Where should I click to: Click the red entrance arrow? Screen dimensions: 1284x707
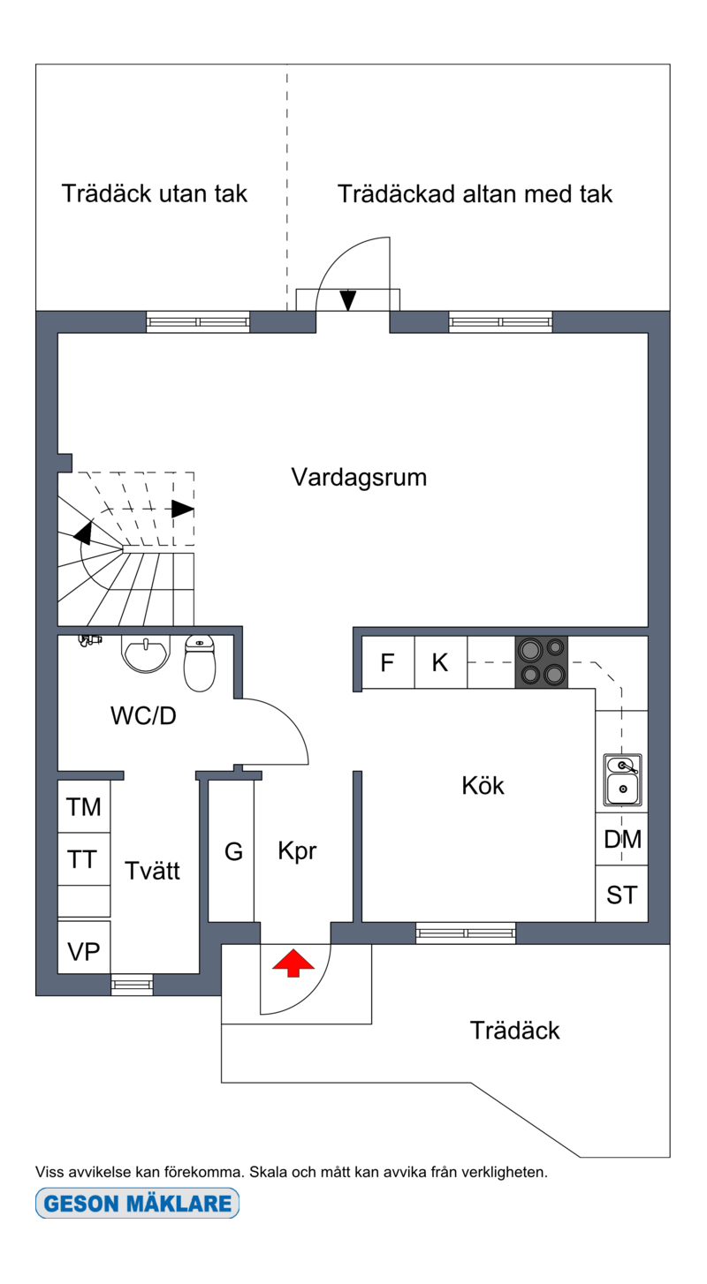point(293,963)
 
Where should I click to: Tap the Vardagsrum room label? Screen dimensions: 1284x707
point(359,478)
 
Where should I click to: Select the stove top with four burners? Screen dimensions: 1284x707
point(542,662)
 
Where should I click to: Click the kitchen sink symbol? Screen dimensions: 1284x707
point(622,780)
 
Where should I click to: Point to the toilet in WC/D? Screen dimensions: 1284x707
point(200,664)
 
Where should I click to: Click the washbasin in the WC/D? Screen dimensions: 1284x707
point(145,654)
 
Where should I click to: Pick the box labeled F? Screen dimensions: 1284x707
point(388,662)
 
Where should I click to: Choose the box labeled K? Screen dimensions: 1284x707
point(440,662)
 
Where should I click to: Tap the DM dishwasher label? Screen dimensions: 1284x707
point(622,840)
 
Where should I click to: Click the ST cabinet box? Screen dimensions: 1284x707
point(621,895)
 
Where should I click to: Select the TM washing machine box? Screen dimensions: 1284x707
point(84,807)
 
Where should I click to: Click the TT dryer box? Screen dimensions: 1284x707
point(84,859)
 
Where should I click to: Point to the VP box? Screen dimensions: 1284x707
point(84,951)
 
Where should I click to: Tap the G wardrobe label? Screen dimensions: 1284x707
point(232,852)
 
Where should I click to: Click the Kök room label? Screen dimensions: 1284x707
point(483,785)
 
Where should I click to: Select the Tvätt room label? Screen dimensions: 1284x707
point(152,871)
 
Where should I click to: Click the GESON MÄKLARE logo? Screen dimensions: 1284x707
point(137,1203)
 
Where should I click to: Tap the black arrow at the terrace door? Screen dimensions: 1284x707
point(348,300)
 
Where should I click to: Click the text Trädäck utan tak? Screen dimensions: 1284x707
point(155,193)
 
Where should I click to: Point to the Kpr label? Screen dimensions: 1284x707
point(297,851)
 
